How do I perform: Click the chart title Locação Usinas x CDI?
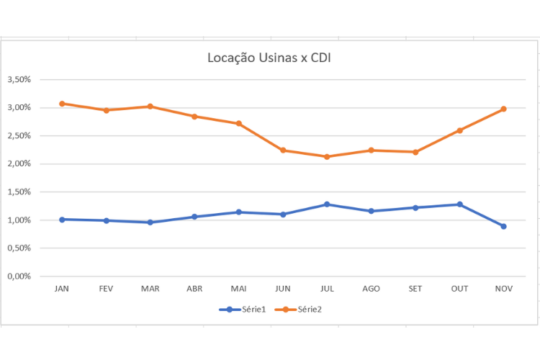tap(269, 58)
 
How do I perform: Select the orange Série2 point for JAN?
tap(62, 104)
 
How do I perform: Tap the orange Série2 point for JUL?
tap(327, 157)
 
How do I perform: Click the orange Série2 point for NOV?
tap(503, 109)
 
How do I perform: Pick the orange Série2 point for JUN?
tap(283, 150)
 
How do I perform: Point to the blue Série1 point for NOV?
tap(503, 226)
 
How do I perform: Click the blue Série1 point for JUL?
tap(327, 204)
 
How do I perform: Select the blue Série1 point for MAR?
tap(150, 222)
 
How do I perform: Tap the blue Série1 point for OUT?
tap(459, 204)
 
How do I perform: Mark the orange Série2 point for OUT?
tap(459, 130)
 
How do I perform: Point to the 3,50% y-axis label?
tap(19, 80)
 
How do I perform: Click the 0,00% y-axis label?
tap(19, 276)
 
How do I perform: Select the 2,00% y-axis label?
tap(19, 164)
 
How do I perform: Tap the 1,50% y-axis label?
tap(19, 192)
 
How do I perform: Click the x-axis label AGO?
tap(372, 289)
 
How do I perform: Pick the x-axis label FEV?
tap(106, 289)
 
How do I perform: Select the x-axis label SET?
tap(415, 289)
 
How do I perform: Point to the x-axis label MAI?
tap(238, 289)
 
